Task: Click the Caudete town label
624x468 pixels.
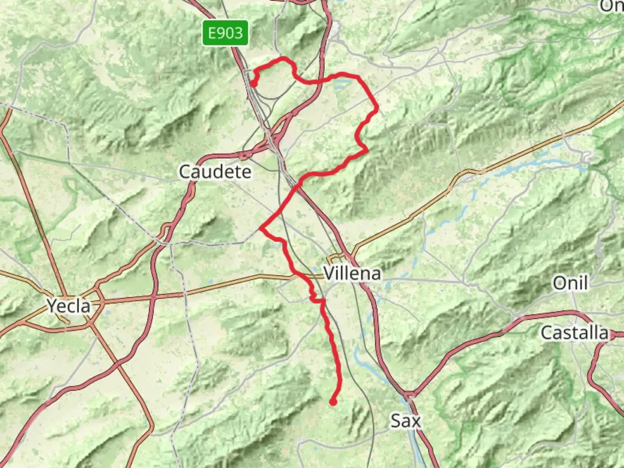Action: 215,172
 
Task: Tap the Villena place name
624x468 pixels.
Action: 352,273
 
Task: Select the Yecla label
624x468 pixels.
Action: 69,306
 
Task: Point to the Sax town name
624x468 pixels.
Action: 405,420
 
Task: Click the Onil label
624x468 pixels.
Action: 570,283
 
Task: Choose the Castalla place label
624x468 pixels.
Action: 574,333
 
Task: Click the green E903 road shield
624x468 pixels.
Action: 225,33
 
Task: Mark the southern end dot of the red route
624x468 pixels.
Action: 333,402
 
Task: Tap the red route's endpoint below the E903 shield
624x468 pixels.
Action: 252,84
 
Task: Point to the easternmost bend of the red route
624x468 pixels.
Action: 377,106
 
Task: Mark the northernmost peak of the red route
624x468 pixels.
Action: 284,58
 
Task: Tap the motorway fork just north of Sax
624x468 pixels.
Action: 409,393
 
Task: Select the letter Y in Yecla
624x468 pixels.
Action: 52,306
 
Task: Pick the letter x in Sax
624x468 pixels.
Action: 416,421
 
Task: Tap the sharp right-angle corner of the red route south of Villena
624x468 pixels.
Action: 323,300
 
